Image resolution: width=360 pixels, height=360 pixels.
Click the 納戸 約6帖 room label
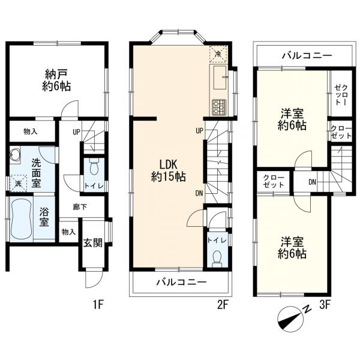[56, 80]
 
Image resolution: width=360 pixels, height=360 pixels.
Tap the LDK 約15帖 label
[168, 170]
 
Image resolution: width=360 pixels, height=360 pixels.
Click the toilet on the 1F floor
[94, 166]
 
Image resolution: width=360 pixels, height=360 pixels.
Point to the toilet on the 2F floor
[217, 259]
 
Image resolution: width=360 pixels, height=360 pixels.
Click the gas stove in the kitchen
[219, 107]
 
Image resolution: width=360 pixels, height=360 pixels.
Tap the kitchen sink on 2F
[220, 77]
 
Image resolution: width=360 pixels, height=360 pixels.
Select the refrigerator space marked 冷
[218, 54]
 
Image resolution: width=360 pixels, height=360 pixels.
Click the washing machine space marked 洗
[18, 183]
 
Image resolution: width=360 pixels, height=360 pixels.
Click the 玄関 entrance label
[93, 242]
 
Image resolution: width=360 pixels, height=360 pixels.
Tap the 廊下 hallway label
[80, 207]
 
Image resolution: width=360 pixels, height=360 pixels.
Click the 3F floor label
[325, 305]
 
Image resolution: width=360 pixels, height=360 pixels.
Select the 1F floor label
[99, 305]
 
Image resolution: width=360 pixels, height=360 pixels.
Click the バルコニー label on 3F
[307, 56]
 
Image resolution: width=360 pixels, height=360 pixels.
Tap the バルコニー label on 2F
[182, 282]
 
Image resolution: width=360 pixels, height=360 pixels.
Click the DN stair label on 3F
[312, 182]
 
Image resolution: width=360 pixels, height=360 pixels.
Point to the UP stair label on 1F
[76, 132]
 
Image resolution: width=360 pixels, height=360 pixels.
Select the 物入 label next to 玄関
[68, 232]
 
